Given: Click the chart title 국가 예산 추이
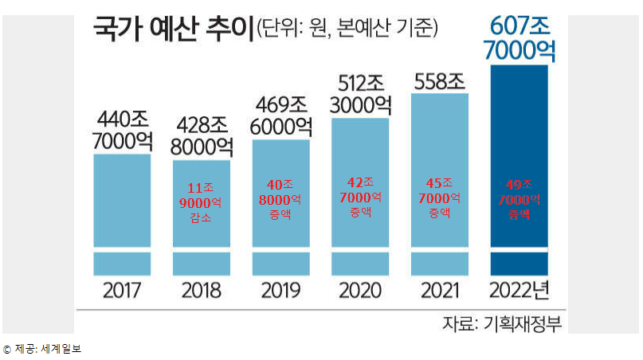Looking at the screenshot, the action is point(174,29).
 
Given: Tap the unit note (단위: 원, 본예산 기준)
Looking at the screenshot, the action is point(347,29).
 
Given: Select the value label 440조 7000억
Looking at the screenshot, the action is point(122,131).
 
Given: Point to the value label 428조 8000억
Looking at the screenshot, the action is point(202,136).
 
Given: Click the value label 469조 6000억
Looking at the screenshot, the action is point(281,115).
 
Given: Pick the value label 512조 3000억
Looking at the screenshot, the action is point(360,95).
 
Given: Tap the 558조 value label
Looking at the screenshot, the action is point(440,81).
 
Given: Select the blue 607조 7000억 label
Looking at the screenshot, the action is point(519,38).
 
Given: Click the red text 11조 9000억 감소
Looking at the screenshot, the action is point(201,202).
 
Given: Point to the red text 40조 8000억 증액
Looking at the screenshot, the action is point(280,200).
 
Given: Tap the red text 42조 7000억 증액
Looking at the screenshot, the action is point(360,198).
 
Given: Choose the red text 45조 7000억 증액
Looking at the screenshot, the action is point(440,198).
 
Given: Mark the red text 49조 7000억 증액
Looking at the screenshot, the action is point(519,200).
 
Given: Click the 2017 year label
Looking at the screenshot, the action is point(122,291).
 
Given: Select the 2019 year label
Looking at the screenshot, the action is point(281,291).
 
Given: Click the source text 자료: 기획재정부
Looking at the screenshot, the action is point(502,324).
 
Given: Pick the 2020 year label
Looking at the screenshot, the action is point(360,291).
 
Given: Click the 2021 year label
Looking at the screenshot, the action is point(440,291).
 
